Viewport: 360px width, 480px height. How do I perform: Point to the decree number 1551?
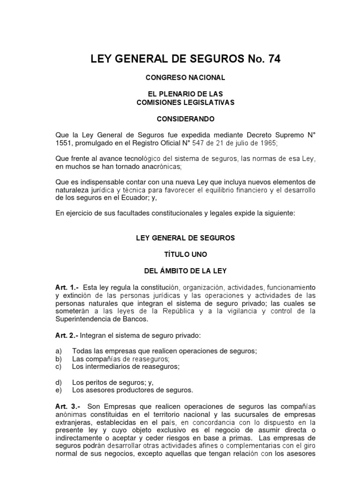point(64,142)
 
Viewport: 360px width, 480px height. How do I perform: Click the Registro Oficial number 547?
point(209,142)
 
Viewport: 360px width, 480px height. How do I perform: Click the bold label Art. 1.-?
point(67,287)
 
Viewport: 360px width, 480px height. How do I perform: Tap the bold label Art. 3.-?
point(67,406)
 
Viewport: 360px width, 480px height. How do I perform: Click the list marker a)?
point(59,351)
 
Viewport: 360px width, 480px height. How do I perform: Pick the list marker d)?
point(59,382)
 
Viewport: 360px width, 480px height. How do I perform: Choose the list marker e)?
point(59,390)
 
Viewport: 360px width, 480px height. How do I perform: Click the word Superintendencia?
point(82,319)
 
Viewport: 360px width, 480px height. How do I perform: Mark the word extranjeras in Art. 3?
point(74,422)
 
